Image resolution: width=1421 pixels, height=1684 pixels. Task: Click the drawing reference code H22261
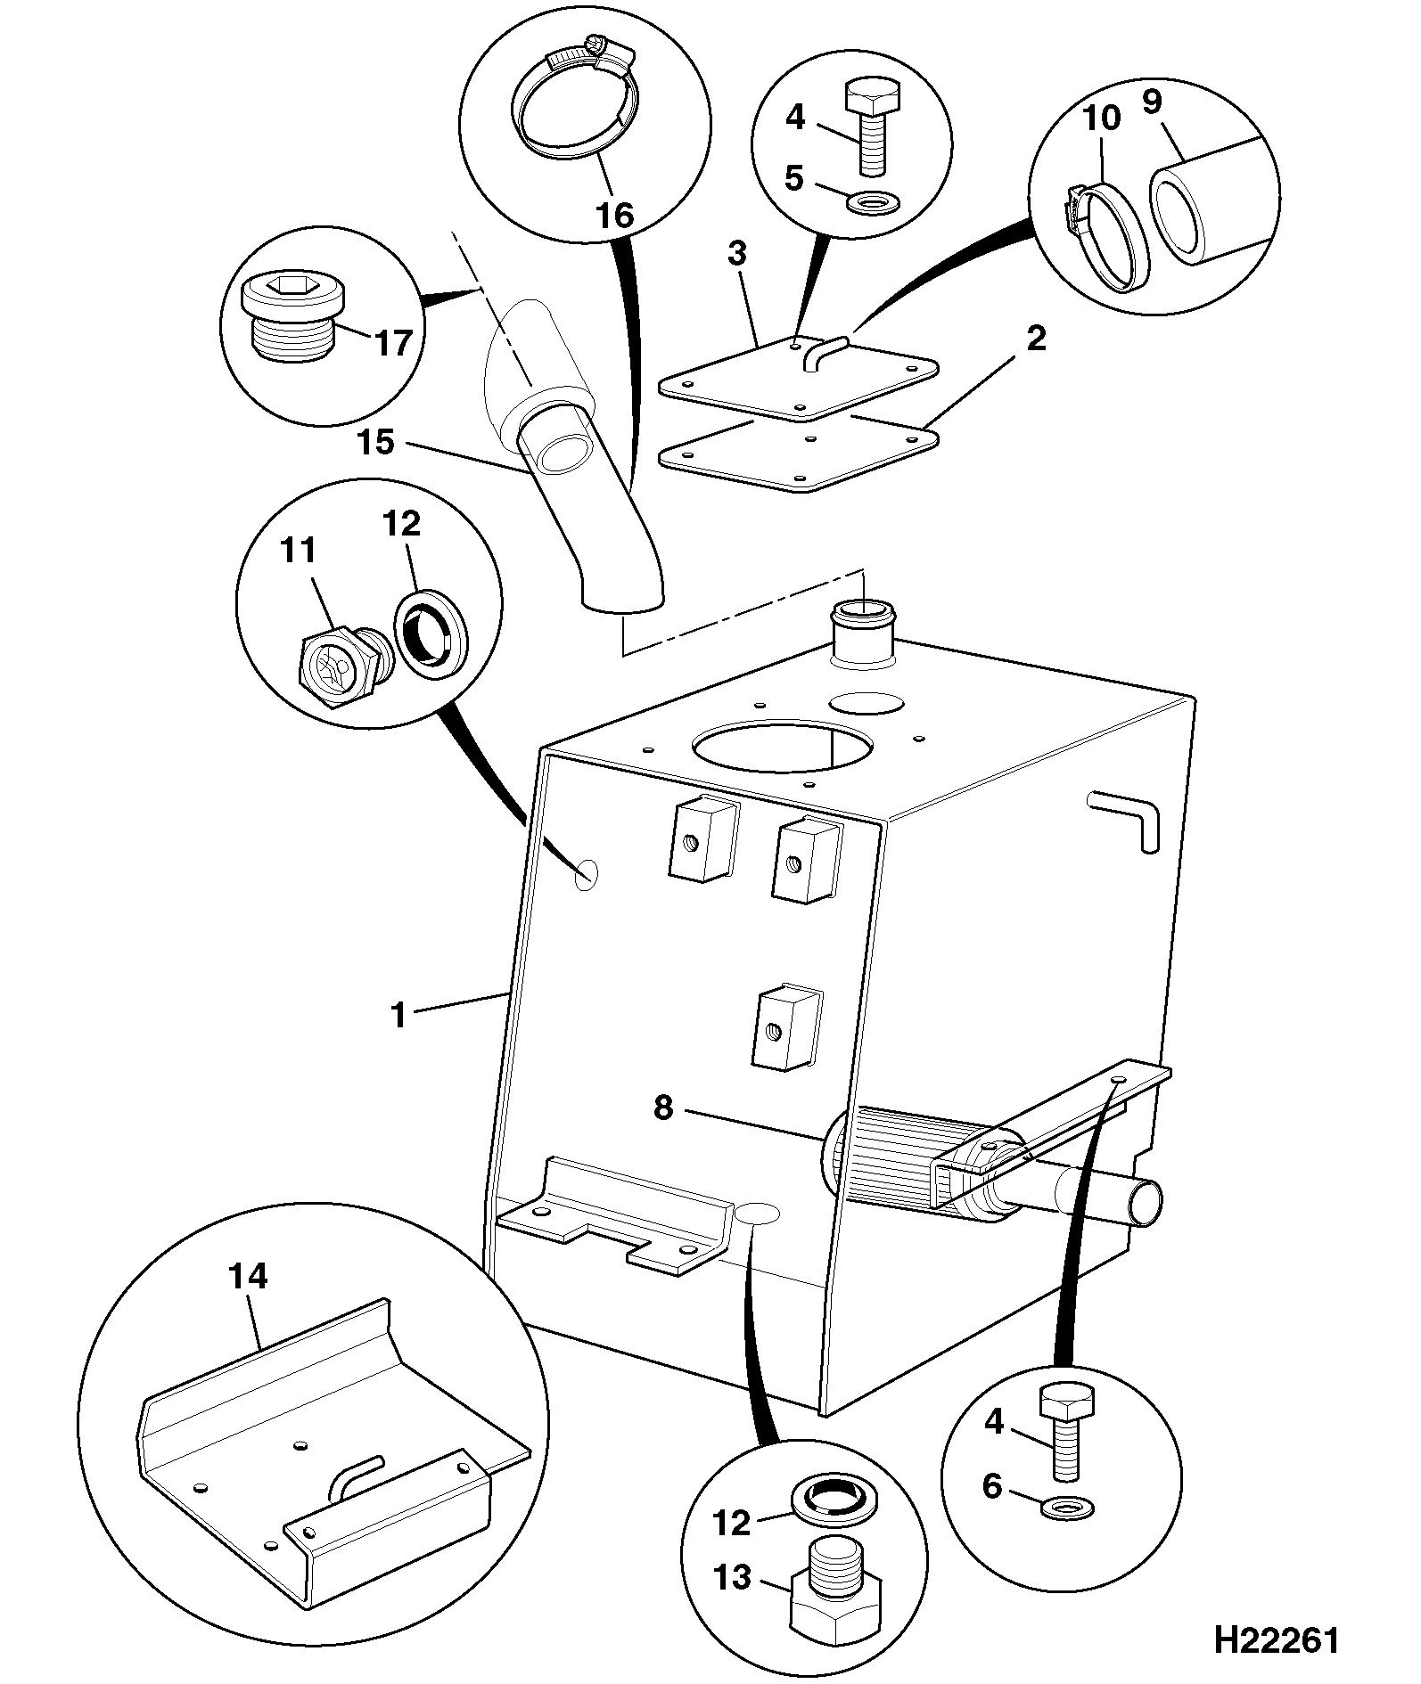(1276, 1639)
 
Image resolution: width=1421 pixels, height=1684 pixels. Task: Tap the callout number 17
(393, 342)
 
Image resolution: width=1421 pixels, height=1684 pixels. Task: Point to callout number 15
(376, 441)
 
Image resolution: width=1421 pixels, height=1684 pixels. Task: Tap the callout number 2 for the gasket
(1035, 339)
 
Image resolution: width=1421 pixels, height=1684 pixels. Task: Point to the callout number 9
(1152, 102)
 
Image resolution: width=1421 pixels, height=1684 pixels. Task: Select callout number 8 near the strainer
(663, 1109)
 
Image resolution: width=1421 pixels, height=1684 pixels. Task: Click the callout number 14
(247, 1277)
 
